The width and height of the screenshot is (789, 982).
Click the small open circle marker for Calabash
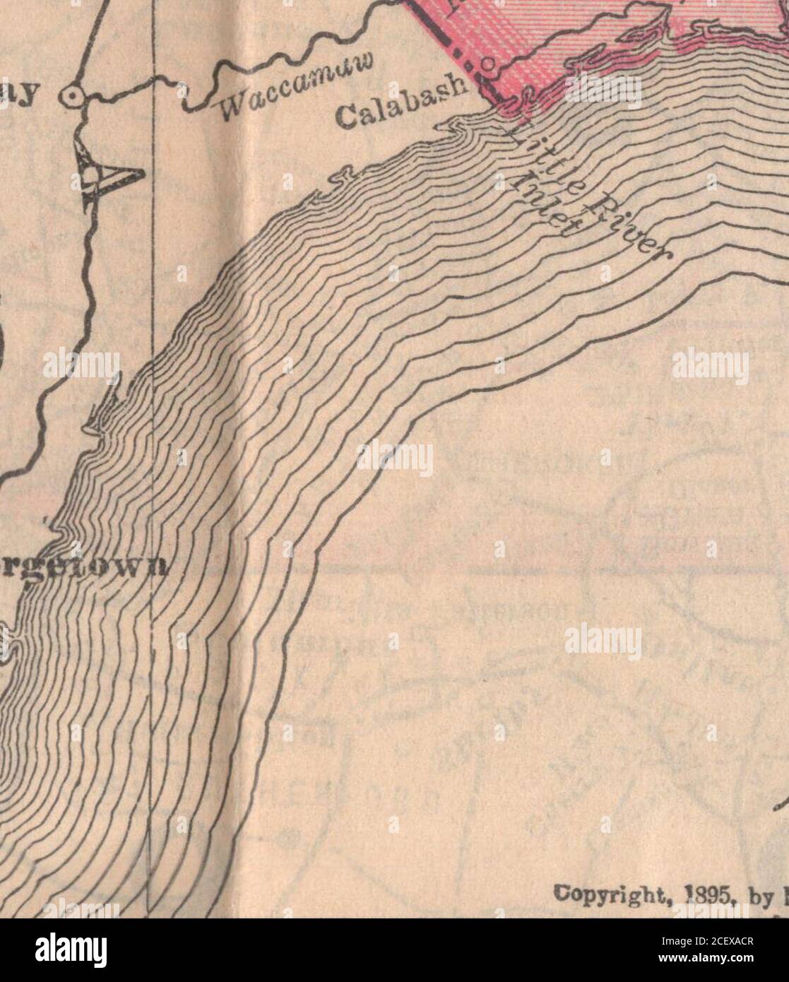(x=487, y=68)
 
